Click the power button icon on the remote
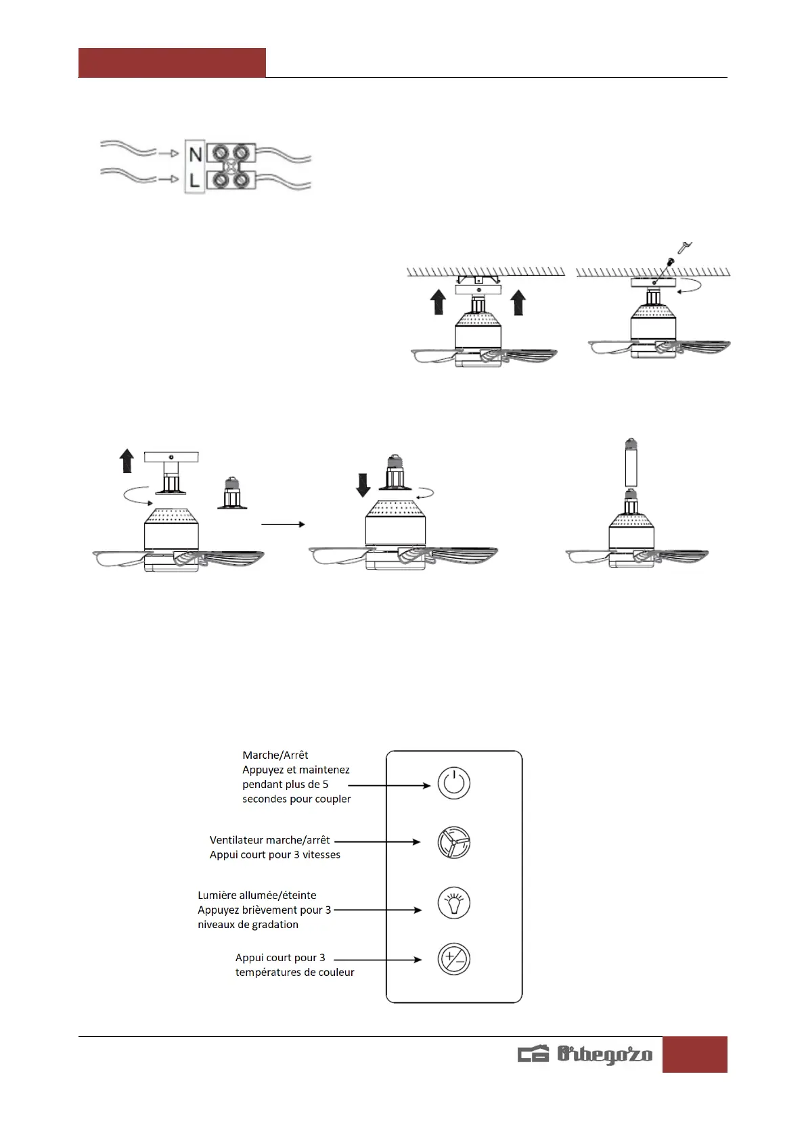coord(453,783)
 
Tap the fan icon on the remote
coord(453,843)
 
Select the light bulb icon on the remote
coord(453,902)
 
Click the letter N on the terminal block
coord(196,154)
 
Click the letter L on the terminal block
coord(195,180)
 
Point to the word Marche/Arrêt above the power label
coord(275,755)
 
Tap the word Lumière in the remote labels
coord(217,895)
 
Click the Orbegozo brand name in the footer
coord(604,1054)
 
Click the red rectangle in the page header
coord(172,62)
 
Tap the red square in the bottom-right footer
coord(694,1054)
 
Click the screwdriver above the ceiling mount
coord(684,247)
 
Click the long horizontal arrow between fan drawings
coord(283,524)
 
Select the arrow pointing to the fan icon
coord(378,842)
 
